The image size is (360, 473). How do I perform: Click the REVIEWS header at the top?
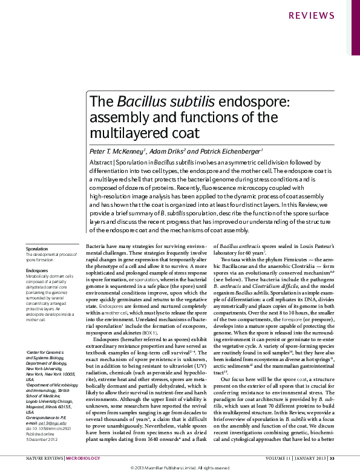329,15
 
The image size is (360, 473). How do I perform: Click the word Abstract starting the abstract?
101,163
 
